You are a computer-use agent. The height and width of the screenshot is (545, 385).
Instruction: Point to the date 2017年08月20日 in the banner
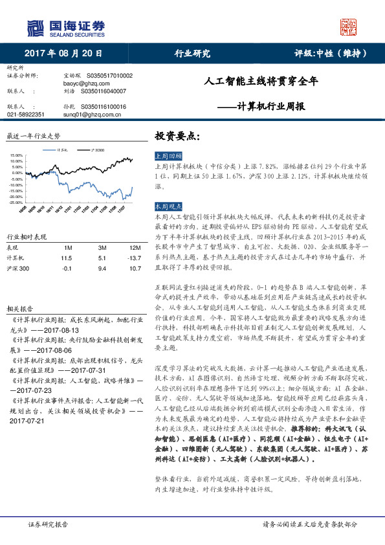[x=63, y=54]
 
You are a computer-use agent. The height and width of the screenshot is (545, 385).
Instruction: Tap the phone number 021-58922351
[x=26, y=114]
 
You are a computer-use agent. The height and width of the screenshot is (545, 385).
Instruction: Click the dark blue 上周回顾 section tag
[x=168, y=157]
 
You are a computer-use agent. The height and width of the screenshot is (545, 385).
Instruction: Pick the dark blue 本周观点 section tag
[x=168, y=206]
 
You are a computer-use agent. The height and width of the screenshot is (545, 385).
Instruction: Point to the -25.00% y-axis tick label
[x=17, y=202]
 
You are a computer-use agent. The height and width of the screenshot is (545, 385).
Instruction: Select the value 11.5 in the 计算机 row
[x=66, y=257]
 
